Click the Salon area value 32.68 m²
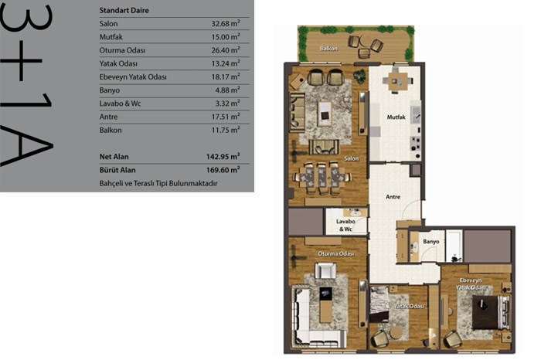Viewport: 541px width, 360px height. coord(226,23)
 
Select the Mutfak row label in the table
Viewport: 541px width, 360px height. coord(111,37)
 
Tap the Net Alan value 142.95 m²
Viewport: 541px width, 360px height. coord(223,156)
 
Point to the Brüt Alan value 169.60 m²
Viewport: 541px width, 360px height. coord(223,170)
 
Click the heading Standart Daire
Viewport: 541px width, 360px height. coord(124,10)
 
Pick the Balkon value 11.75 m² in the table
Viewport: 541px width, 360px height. coord(226,130)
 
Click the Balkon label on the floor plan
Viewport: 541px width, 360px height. coord(328,49)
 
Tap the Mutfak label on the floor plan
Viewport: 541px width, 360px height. coord(396,117)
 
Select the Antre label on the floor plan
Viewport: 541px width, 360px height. coord(393,197)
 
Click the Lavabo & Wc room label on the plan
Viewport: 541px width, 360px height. coord(345,225)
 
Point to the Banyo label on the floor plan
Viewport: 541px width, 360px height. coord(431,242)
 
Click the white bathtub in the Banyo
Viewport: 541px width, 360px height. coord(454,246)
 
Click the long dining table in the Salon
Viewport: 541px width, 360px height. coord(322,178)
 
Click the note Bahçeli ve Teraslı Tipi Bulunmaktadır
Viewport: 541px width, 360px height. coord(158,183)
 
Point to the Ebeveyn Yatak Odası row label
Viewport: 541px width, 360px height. coord(133,77)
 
